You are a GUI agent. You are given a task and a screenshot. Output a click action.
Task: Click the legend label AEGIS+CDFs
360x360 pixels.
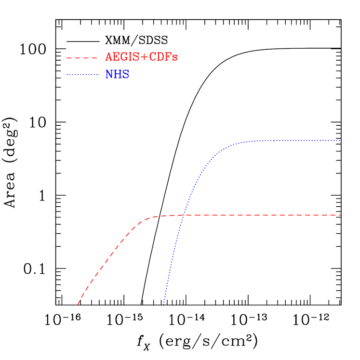(141, 57)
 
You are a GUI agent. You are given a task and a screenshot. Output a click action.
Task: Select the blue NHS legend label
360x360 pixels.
(117, 75)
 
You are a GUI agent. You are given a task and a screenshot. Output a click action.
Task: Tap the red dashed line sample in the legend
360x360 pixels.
(82, 58)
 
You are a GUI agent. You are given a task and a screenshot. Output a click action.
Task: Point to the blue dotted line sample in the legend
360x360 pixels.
(83, 75)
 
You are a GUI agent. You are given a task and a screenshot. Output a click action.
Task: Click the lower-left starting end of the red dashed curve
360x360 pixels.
(78, 304)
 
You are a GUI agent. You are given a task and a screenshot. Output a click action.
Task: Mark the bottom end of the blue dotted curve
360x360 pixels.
(164, 304)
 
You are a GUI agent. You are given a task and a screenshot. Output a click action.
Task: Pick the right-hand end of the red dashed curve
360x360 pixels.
(341, 215)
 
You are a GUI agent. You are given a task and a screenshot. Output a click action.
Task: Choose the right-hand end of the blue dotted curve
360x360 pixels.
(340, 140)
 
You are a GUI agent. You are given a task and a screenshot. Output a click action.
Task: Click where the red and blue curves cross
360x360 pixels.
(183, 215)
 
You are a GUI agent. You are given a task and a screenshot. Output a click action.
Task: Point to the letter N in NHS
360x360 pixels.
(109, 75)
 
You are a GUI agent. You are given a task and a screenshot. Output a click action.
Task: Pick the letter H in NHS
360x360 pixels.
(117, 75)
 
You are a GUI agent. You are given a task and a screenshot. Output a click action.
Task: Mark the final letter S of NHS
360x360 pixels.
(125, 75)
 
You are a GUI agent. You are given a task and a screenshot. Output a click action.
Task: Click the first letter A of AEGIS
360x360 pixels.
(109, 57)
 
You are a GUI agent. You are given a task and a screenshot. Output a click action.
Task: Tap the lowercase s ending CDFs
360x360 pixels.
(175, 58)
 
